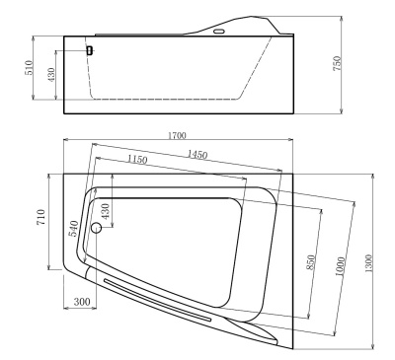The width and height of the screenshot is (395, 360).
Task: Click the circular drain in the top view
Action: coord(96,228)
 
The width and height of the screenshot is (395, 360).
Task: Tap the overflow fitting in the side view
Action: coord(89,49)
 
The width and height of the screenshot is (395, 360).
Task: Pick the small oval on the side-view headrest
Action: coord(218,30)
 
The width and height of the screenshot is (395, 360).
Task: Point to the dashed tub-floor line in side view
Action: coord(168,100)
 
